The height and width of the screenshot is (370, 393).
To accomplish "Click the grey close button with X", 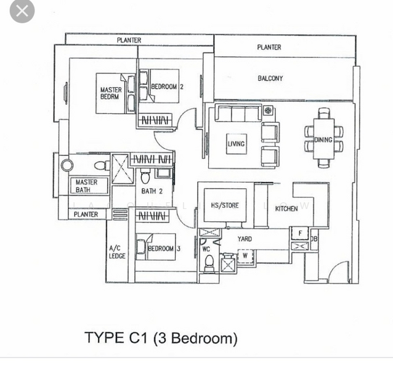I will [x=22, y=11].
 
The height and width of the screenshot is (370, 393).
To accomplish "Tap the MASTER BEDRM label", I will [x=111, y=93].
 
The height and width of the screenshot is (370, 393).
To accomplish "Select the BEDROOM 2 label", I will [x=167, y=87].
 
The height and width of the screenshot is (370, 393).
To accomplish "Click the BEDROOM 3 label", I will [x=164, y=249].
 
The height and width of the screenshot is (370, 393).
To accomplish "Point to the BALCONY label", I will [x=270, y=78].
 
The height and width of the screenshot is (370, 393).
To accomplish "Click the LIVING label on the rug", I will [x=236, y=144].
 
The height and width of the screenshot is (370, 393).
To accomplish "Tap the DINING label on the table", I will [x=323, y=140].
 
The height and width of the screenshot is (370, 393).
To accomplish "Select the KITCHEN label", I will [x=286, y=208].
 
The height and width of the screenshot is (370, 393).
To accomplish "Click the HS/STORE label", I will [x=224, y=205].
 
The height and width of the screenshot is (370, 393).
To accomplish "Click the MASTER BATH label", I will [x=86, y=186].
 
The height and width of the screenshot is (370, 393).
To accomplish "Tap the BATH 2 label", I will [x=152, y=192].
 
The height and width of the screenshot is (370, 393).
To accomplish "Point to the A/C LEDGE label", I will [x=117, y=252].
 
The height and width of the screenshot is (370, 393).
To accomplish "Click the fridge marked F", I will [x=300, y=234].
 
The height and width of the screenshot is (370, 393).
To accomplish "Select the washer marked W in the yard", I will [x=245, y=255].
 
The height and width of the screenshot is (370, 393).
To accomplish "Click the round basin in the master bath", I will [x=67, y=165].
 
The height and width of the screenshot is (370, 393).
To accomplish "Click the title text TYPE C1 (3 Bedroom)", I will [x=161, y=338].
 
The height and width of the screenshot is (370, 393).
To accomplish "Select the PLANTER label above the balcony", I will [x=269, y=47].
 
